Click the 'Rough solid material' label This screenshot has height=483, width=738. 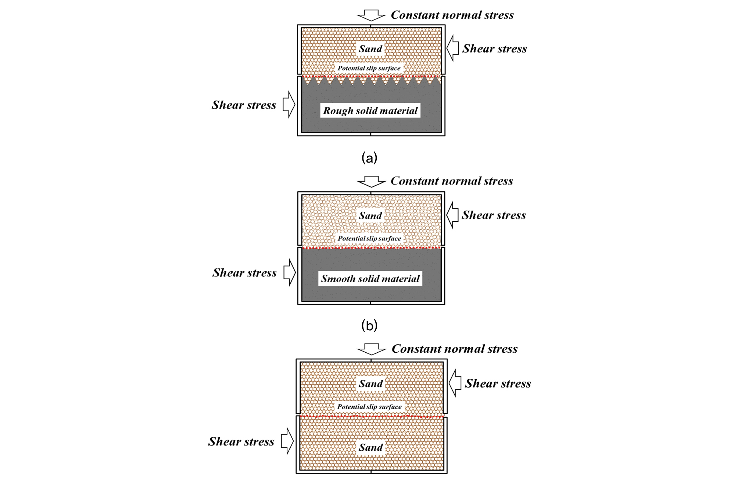(x=370, y=110)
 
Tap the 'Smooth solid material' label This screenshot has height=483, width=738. (x=370, y=279)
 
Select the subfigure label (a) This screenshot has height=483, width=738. (x=369, y=158)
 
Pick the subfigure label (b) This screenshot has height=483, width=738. (x=369, y=325)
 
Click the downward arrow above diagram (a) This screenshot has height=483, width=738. (x=371, y=15)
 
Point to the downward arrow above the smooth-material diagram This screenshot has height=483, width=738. (x=371, y=182)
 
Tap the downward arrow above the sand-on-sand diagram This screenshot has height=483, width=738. (x=372, y=349)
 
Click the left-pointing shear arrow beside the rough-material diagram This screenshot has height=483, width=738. (x=453, y=48)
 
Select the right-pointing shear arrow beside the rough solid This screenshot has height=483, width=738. (x=289, y=105)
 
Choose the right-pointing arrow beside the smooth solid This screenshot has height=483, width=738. (x=290, y=272)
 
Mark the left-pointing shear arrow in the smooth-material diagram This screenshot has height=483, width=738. (x=453, y=215)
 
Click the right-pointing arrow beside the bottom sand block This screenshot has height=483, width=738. (x=287, y=441)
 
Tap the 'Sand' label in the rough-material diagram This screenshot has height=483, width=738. (x=370, y=49)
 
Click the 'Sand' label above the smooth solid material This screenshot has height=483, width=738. (x=370, y=215)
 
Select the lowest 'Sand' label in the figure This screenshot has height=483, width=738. (x=371, y=447)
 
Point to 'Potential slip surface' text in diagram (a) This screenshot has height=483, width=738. (x=369, y=68)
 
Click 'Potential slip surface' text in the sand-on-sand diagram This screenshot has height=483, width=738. (x=369, y=407)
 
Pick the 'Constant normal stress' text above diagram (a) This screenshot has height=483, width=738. (x=452, y=15)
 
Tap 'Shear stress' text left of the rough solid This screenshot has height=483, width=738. (x=244, y=105)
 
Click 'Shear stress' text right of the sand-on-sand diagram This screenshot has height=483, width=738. (x=498, y=384)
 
